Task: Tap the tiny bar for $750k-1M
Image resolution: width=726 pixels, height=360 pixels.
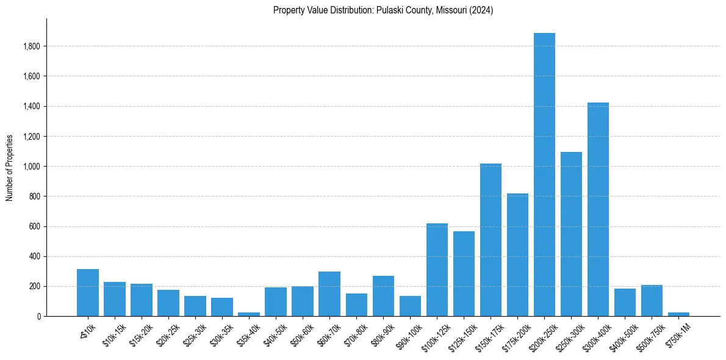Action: coord(678,314)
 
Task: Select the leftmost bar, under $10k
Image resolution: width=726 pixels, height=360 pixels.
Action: coord(88,292)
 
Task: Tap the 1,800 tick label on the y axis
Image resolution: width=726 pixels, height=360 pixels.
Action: coord(32,46)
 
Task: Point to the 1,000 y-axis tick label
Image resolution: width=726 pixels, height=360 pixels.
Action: coord(32,167)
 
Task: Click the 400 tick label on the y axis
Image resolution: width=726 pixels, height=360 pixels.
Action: coord(35,256)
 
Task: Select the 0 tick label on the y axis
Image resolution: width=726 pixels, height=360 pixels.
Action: coord(38,316)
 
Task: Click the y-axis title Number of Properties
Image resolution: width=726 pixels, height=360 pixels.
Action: coord(9,167)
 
